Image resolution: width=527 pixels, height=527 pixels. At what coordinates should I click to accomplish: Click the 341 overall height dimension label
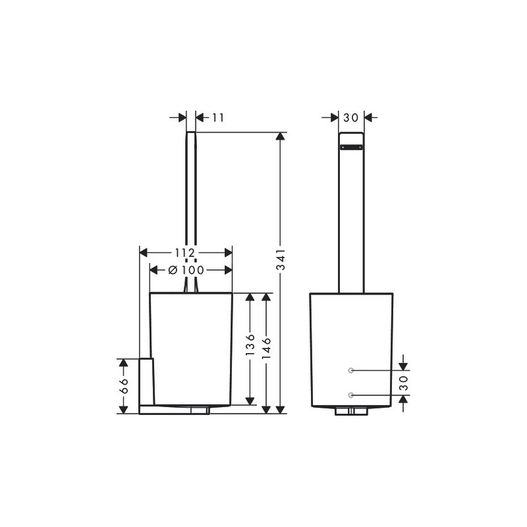point(281,259)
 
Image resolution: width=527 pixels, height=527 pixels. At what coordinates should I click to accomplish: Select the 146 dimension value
point(266,348)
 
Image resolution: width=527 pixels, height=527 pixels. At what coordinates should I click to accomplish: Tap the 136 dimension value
point(250,345)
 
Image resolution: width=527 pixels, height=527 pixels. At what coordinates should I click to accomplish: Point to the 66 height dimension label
point(124,385)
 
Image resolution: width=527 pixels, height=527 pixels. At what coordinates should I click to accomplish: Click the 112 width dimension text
point(185,252)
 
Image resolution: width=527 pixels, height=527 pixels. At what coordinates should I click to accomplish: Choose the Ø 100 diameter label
point(186,270)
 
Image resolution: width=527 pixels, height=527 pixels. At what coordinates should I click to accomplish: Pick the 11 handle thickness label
point(218,118)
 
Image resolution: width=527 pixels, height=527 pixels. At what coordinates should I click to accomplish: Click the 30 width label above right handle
point(351,118)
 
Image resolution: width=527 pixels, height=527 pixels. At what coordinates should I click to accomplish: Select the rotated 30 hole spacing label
point(403,383)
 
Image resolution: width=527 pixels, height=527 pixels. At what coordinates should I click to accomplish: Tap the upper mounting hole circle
point(351,370)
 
